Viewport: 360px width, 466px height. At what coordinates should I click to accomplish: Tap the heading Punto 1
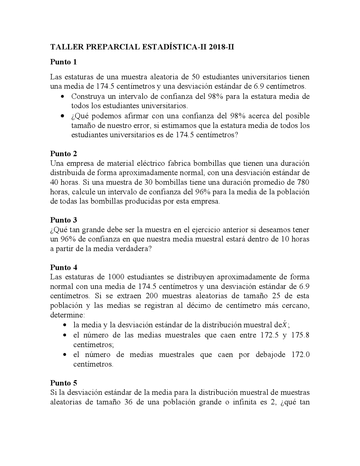click(x=63, y=62)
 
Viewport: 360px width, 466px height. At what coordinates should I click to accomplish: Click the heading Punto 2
click(x=63, y=154)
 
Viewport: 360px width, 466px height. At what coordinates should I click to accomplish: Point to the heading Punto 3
click(x=63, y=220)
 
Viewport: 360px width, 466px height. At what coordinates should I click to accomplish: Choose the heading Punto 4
click(x=63, y=267)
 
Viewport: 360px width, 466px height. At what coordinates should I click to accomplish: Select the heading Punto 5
click(x=63, y=383)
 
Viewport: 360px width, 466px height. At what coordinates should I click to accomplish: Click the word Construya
click(x=87, y=97)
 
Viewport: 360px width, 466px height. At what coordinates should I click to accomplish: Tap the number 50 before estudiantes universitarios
click(x=195, y=77)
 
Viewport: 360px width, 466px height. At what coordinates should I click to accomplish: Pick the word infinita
click(x=244, y=402)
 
